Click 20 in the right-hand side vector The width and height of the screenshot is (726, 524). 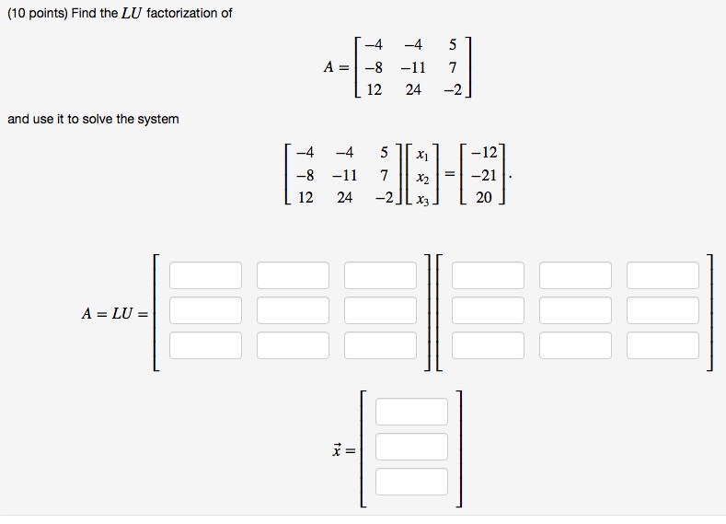[484, 196]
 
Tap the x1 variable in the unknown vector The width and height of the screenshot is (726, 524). [421, 153]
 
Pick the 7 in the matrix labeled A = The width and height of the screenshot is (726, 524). [453, 66]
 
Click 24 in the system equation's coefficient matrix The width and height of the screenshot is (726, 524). [344, 196]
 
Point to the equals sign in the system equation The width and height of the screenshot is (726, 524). [451, 174]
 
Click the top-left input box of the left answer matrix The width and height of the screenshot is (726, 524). [205, 275]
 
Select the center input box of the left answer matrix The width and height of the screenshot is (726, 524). [293, 310]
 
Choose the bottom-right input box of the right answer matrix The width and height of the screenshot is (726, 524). [663, 345]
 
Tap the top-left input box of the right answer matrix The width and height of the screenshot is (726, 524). [488, 275]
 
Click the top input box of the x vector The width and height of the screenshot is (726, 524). [411, 412]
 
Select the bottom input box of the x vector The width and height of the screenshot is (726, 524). [411, 482]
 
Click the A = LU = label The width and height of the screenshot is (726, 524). [114, 313]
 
